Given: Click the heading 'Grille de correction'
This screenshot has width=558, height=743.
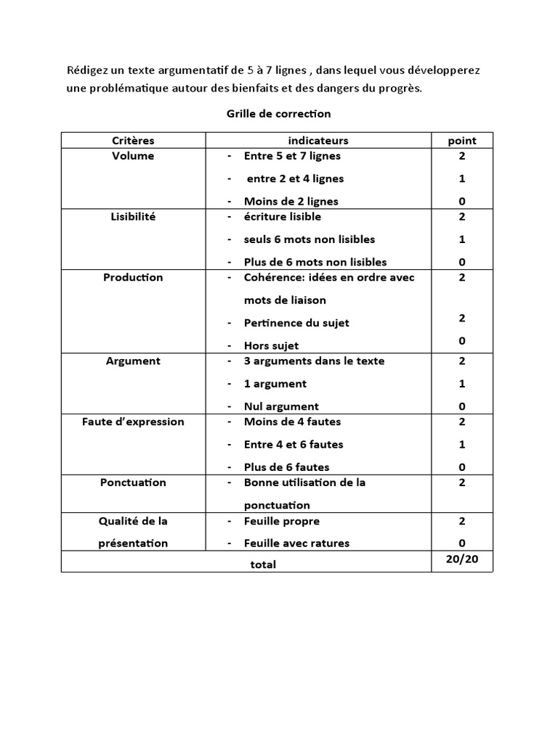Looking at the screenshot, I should pos(278,113).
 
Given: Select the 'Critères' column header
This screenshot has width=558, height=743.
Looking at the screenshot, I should pos(133,140).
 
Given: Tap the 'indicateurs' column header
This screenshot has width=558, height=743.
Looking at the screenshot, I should pos(318,140).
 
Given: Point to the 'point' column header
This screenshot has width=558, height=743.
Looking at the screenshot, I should pos(462,140).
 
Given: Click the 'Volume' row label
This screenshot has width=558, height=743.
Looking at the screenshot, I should pos(133,155).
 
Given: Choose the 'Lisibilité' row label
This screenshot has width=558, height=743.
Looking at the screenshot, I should pos(133,216).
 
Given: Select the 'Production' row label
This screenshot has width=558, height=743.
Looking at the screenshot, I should pos(133,277).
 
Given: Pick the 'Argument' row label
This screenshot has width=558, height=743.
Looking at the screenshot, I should pos(133,361).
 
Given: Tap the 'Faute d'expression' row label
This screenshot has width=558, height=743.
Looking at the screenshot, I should pos(133,422).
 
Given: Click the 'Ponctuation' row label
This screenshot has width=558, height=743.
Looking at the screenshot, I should pos(133,483).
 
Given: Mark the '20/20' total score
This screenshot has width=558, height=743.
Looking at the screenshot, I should pos(462,559).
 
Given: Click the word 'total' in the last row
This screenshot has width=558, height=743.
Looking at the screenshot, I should pos(263,564).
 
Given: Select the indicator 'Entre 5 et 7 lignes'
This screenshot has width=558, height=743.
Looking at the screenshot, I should pos(292,155).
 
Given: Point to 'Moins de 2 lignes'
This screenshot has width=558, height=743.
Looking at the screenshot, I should pos(291,201).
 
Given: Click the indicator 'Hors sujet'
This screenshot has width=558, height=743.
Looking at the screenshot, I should pos(271,345).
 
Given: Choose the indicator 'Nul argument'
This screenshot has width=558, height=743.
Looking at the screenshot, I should pos(281,406).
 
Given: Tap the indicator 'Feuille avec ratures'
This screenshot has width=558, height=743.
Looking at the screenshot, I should pos(296,543).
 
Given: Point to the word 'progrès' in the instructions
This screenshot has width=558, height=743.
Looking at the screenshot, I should pos(401,89).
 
